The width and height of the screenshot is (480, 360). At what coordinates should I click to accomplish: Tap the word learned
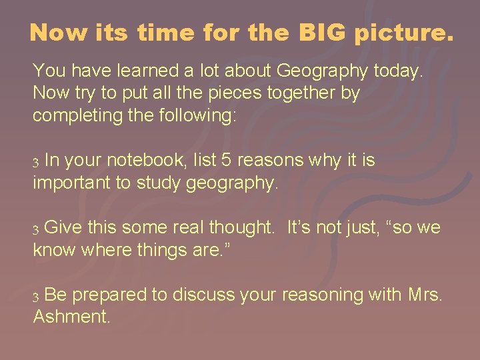[137, 70]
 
